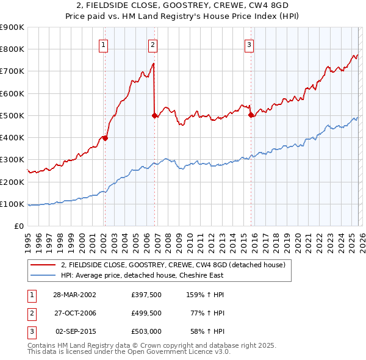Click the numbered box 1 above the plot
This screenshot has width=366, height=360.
(104, 45)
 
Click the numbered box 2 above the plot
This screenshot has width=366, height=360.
(152, 45)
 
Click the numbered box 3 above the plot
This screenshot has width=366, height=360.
(249, 45)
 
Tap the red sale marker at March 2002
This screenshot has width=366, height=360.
(105, 138)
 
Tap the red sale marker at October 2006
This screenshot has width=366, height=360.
(154, 115)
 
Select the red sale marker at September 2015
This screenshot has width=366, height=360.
(250, 114)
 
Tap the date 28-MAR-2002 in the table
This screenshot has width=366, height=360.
(74, 295)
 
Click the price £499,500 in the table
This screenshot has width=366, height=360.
(146, 314)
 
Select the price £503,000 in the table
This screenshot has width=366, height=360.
(146, 333)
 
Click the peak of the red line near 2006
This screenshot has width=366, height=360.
(152, 63)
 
